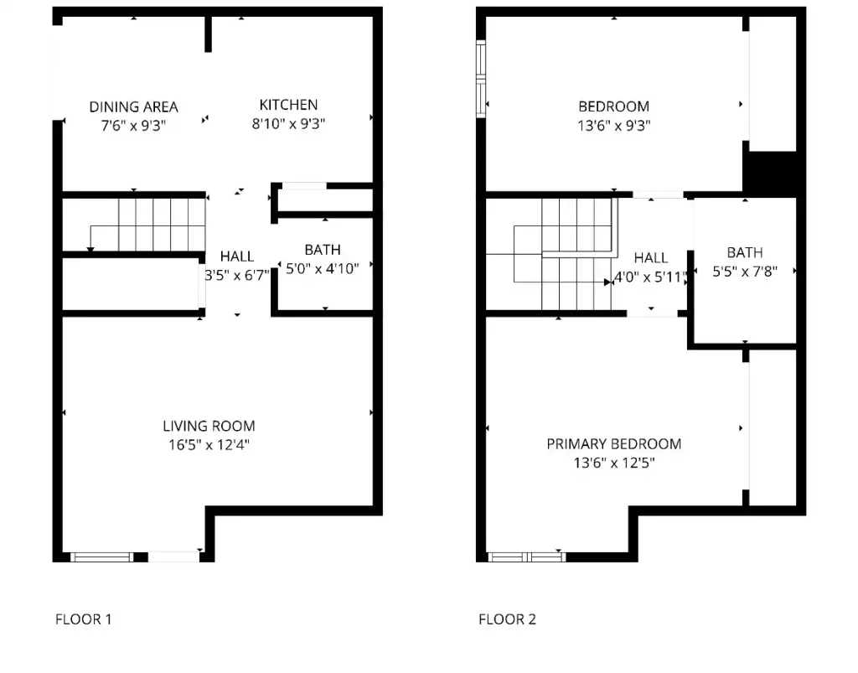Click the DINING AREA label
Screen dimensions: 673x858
[133, 106]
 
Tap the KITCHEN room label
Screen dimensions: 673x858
[288, 105]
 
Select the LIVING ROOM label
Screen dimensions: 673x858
[209, 426]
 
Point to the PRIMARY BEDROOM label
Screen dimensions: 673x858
[613, 443]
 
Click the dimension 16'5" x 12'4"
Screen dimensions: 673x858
[209, 445]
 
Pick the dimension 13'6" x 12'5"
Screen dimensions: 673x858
[613, 462]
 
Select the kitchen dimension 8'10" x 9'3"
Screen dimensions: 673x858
[288, 124]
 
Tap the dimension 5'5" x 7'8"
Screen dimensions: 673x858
[745, 272]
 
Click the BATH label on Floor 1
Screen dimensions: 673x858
[323, 250]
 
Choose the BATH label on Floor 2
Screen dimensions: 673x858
[745, 252]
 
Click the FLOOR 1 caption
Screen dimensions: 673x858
[83, 619]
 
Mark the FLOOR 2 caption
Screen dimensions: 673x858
[507, 619]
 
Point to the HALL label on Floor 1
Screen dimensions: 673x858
[237, 256]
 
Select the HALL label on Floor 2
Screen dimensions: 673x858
[651, 258]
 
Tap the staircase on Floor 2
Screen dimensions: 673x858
[570, 251]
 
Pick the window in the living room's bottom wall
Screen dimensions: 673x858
[101, 556]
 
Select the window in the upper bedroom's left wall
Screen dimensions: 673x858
[481, 77]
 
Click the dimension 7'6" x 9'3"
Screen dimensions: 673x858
[133, 125]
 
